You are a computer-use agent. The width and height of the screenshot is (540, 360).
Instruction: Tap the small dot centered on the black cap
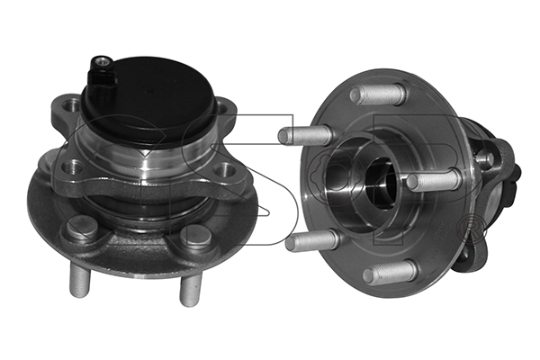point(148,93)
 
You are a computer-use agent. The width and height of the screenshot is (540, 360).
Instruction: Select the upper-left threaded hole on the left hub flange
point(71,104)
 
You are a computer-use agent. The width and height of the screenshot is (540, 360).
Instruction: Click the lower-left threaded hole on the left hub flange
point(73,166)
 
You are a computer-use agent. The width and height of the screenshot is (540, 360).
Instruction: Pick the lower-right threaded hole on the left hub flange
point(223,170)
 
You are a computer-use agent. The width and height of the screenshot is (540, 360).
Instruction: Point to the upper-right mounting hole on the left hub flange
point(223,107)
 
